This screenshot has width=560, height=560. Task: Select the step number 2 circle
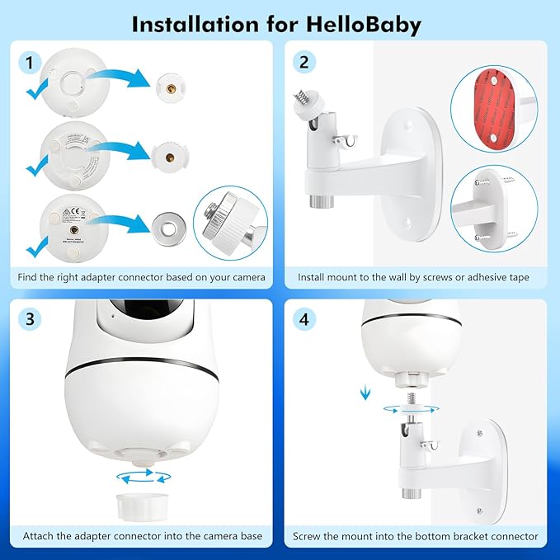(x=305, y=61)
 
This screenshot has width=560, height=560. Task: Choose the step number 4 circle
(x=305, y=318)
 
